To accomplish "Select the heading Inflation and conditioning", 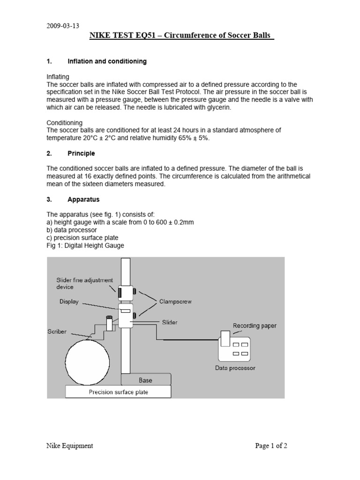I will pyautogui.click(x=107, y=61).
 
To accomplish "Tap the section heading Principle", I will pyautogui.click(x=81, y=153).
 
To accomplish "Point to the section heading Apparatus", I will pyautogui.click(x=83, y=199).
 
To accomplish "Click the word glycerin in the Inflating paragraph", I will pyautogui.click(x=215, y=107).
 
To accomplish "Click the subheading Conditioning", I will pyautogui.click(x=65, y=123).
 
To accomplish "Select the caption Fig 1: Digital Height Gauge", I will pyautogui.click(x=85, y=246).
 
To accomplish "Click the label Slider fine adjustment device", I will pyautogui.click(x=84, y=284).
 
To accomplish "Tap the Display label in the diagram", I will pyautogui.click(x=69, y=302).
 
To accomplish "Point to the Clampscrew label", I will pyautogui.click(x=176, y=302).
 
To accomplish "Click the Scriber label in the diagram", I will pyautogui.click(x=57, y=331).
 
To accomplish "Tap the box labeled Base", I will pyautogui.click(x=145, y=380).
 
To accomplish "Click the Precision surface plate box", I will pyautogui.click(x=118, y=392).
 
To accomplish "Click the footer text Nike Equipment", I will pyautogui.click(x=70, y=446).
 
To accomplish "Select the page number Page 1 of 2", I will pyautogui.click(x=271, y=446).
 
